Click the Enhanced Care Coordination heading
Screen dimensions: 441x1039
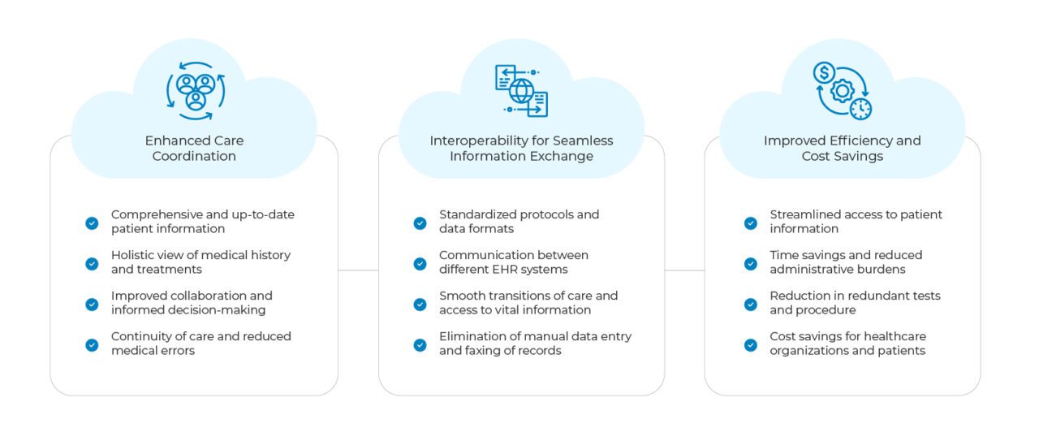coord(194,148)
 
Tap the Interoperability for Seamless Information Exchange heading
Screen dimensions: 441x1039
coord(521,148)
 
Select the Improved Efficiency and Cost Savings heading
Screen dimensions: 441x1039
coord(842,148)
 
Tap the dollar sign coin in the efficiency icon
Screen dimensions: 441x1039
coord(824,73)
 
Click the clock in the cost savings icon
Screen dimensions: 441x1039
coord(860,108)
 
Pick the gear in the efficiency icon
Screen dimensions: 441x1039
coord(843,89)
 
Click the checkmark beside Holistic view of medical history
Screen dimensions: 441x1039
coord(92,263)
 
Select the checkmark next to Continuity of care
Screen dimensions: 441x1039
coord(92,344)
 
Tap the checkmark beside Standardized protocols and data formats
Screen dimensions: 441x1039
coord(420,223)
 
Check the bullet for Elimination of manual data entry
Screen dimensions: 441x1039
coord(420,344)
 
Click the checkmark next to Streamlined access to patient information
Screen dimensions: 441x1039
coord(751,223)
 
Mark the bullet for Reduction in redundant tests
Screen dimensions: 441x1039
coord(751,304)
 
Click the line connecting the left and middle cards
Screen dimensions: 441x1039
coord(358,270)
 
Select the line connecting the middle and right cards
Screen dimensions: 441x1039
coord(684,270)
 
